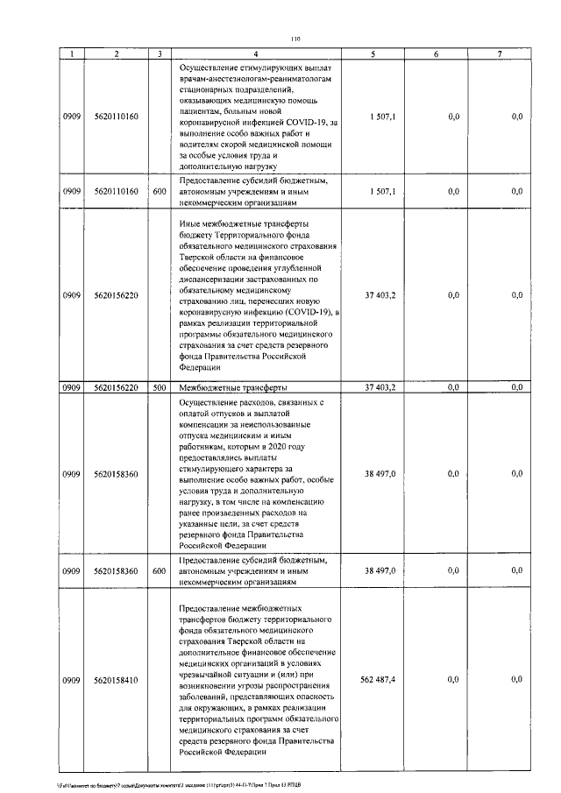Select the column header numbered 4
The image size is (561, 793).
point(266,54)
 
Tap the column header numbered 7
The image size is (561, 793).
point(499,54)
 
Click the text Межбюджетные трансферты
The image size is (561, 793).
point(231,386)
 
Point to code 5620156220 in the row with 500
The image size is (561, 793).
point(116,386)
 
